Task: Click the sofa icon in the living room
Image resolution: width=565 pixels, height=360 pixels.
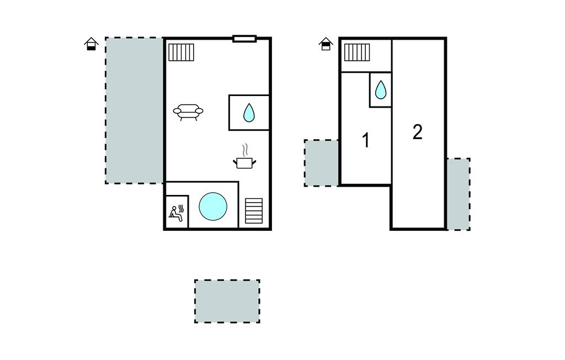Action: click(x=188, y=112)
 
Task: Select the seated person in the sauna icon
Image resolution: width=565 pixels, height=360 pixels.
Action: click(x=175, y=214)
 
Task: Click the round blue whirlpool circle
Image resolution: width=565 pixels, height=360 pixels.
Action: click(x=213, y=207)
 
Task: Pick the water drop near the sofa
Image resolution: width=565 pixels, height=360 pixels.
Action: click(x=249, y=113)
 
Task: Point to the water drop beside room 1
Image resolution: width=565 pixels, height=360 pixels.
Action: click(x=381, y=89)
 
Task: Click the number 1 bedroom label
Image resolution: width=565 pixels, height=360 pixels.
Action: click(x=366, y=140)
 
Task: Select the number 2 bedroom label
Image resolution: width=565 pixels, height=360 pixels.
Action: click(x=417, y=132)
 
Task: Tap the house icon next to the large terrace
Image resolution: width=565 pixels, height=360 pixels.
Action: click(x=91, y=44)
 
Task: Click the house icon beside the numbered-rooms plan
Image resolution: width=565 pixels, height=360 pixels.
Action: click(x=326, y=44)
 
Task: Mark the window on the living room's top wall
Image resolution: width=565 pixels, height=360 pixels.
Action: click(x=244, y=39)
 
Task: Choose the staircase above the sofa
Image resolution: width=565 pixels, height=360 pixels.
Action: click(x=181, y=52)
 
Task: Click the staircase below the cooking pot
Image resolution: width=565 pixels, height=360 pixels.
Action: click(x=254, y=211)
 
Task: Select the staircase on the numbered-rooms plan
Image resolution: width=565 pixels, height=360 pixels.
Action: click(x=357, y=52)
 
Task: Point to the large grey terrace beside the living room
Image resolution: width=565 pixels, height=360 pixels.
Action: click(x=135, y=110)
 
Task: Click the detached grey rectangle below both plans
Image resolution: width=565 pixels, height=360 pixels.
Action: click(x=227, y=301)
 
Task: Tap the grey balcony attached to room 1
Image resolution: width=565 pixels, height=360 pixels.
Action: click(x=322, y=163)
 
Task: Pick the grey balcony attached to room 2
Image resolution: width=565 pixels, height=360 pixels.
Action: click(x=459, y=194)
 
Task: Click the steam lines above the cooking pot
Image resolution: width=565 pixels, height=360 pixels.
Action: click(x=246, y=150)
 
